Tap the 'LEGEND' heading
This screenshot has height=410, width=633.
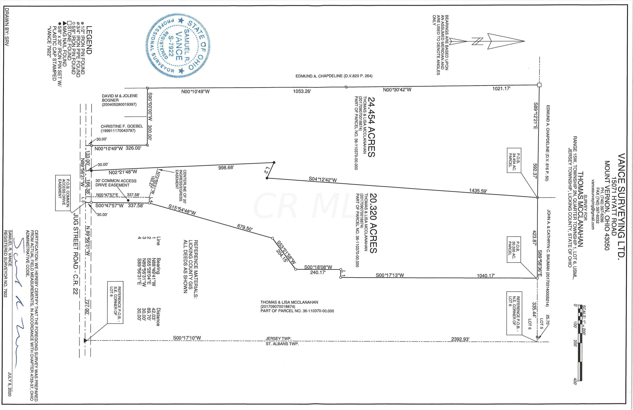[89, 40]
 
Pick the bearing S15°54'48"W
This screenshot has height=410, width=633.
[182, 210]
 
